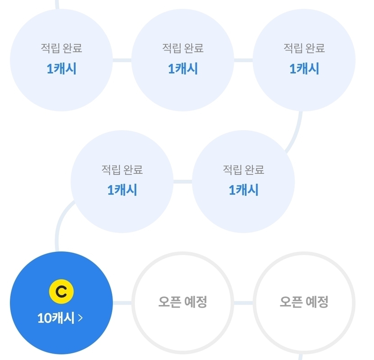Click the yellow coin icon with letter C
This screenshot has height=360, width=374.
(61, 292)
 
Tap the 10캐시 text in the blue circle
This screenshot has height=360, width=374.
(56, 318)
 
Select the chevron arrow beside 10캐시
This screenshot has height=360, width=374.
(80, 318)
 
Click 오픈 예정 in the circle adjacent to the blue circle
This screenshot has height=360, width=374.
(182, 302)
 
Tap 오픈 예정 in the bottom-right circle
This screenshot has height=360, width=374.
(304, 302)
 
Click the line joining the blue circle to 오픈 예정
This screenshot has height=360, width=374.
(122, 303)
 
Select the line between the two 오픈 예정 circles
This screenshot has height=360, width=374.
(243, 303)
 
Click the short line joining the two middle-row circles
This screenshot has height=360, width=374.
(182, 182)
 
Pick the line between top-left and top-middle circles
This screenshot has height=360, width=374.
(122, 60)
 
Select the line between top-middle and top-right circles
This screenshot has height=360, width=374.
(243, 60)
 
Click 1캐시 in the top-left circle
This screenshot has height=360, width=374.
(62, 68)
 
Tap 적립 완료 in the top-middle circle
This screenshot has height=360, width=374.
(183, 48)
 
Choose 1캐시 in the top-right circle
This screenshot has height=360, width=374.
(304, 68)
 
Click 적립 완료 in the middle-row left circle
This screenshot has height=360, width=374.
(122, 169)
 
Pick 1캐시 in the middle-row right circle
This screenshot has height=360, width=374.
(243, 190)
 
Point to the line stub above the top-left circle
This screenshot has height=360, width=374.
(57, 5)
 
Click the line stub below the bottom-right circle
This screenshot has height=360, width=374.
(301, 357)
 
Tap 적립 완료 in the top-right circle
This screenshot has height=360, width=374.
(304, 48)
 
